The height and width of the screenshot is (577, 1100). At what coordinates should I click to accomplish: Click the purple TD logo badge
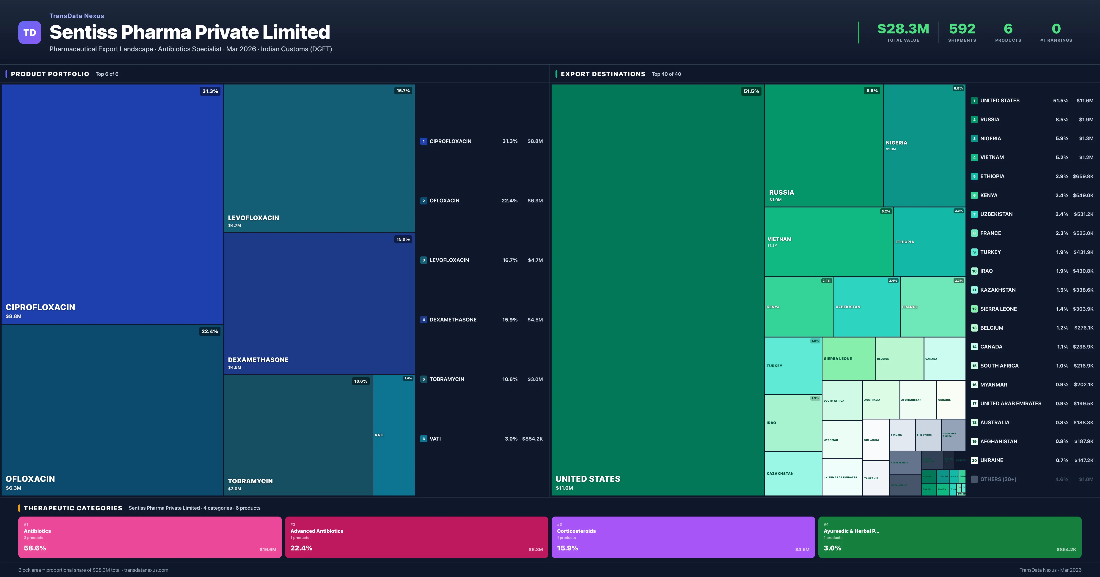click(x=30, y=33)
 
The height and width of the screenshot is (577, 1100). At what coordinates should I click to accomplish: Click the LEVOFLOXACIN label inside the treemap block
click(x=253, y=218)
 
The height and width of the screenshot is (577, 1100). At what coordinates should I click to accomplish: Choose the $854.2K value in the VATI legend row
click(x=532, y=439)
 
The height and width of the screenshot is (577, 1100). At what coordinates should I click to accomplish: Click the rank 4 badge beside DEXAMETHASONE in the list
click(x=423, y=320)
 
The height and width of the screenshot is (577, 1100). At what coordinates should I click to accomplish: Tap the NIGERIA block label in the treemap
click(x=896, y=143)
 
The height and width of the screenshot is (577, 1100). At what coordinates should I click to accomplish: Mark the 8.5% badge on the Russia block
click(x=872, y=90)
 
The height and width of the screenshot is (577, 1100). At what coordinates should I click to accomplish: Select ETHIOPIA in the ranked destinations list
click(x=992, y=176)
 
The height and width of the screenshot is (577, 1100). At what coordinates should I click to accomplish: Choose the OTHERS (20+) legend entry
click(x=998, y=479)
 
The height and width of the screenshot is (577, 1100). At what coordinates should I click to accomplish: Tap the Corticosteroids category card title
click(x=576, y=531)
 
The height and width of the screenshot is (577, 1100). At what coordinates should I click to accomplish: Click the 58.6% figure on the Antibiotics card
click(x=35, y=548)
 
